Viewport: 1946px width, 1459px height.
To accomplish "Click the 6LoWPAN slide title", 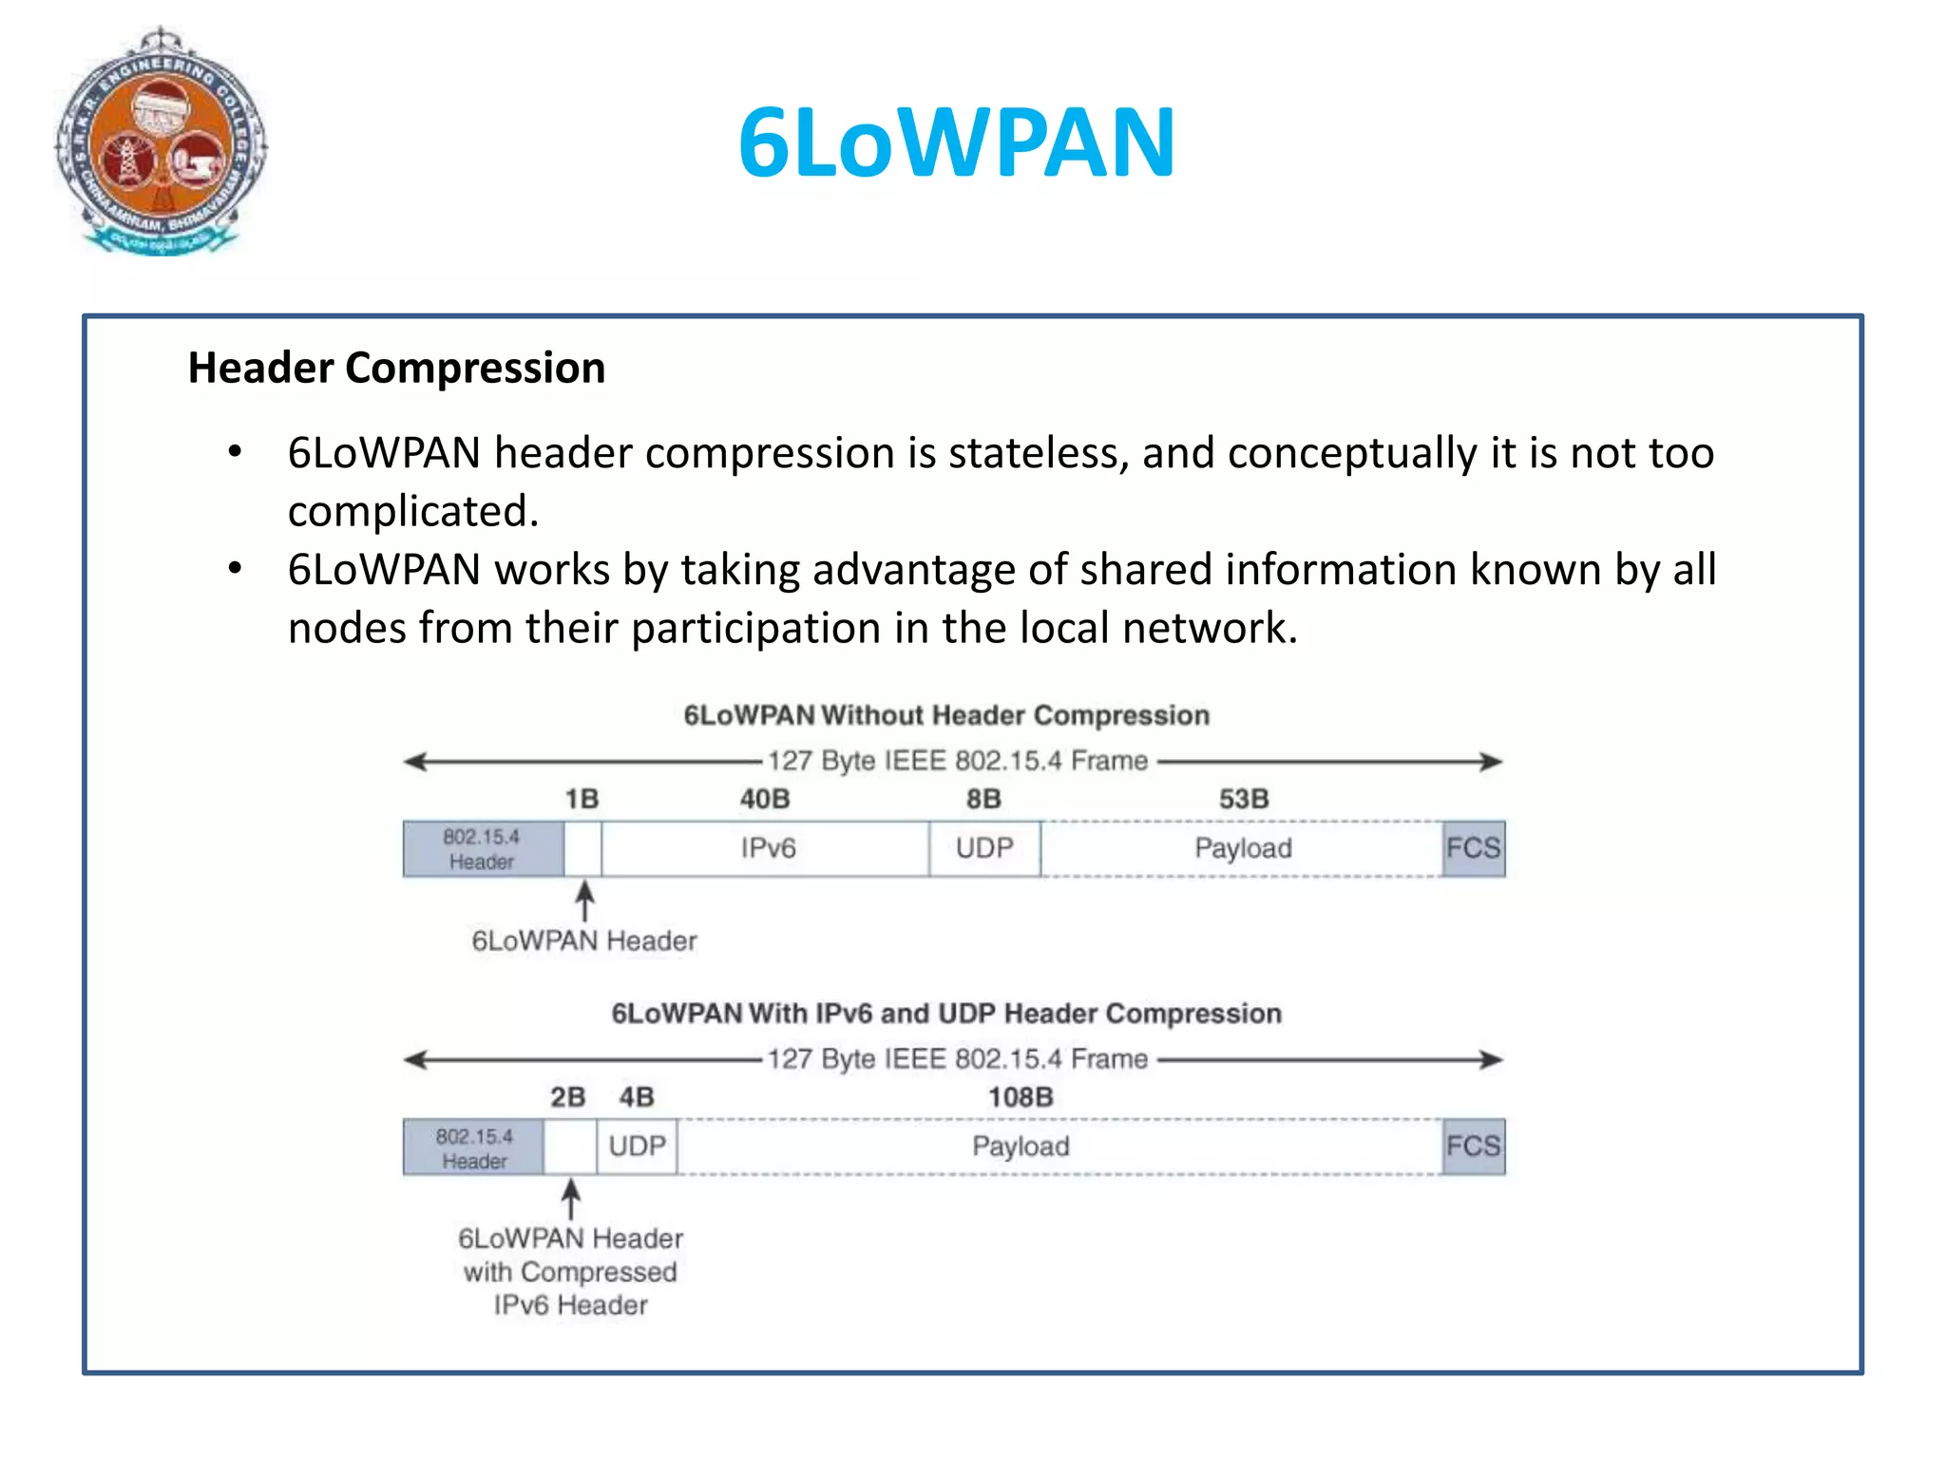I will coord(957,143).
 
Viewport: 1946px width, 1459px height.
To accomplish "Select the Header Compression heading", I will coord(396,368).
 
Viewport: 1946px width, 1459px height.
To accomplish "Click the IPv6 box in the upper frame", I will coord(767,848).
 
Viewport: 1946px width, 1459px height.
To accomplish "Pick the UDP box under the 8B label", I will coord(984,848).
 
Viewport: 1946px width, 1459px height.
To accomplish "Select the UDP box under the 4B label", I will coord(637,1146).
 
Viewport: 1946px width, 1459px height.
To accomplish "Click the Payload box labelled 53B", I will coord(1242,848).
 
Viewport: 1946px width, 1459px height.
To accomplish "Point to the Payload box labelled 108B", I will coord(1021,1146).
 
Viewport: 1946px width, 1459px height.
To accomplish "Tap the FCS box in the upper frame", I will coord(1473,848).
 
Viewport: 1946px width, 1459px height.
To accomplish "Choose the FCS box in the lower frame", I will coord(1473,1146).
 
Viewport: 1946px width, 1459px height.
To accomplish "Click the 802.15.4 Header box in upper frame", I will coord(483,848).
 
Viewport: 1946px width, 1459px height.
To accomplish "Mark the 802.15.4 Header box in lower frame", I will coord(474,1147).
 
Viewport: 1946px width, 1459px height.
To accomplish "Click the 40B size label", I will coord(765,799).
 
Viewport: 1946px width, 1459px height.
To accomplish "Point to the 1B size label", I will coord(582,799).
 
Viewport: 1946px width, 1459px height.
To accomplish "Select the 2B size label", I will coord(567,1097).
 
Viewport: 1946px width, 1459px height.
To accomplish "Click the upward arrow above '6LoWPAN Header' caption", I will coord(585,900).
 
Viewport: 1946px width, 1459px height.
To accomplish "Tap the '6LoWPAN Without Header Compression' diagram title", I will coord(946,715).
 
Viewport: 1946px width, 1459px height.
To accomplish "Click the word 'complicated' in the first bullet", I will coord(411,512).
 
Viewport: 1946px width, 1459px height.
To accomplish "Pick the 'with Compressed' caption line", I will coord(570,1272).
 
